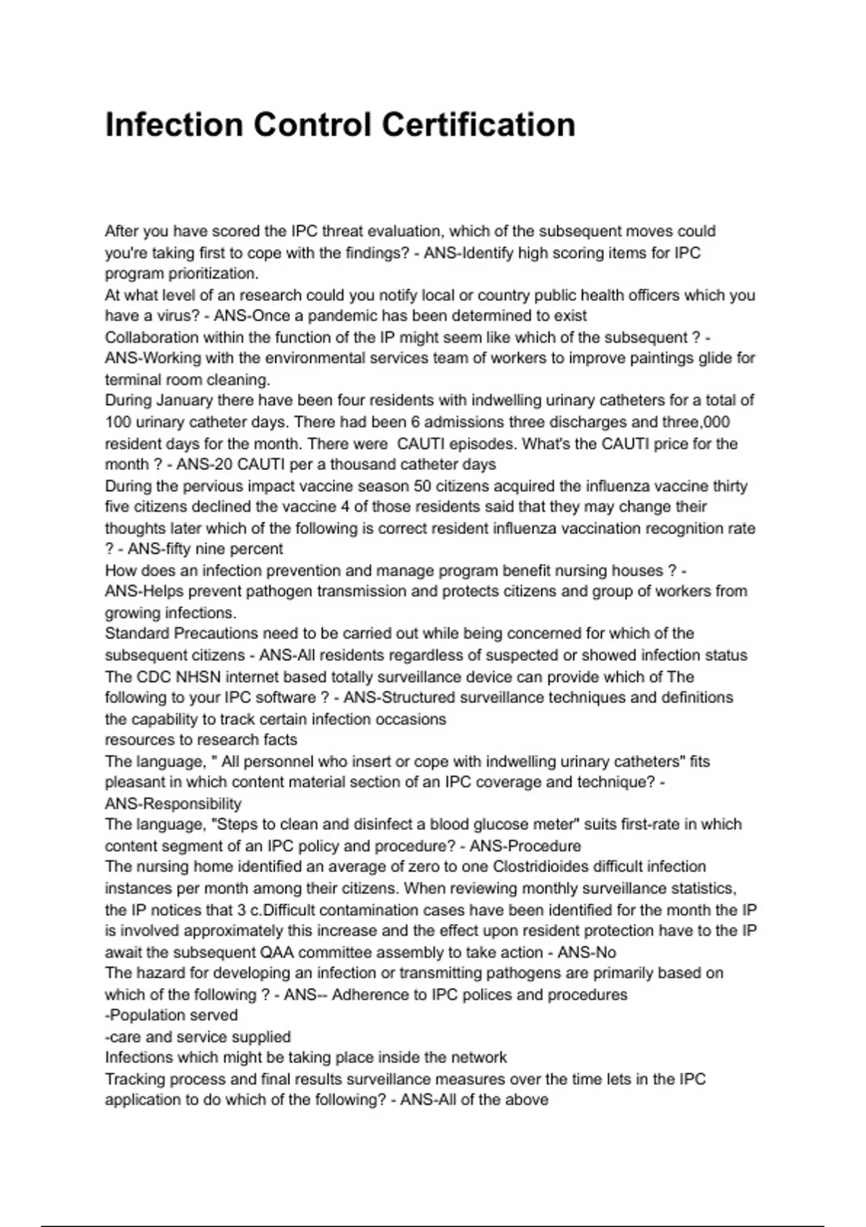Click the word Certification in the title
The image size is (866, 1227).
point(478,125)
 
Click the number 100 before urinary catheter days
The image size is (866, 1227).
point(118,422)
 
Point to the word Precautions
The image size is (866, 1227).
point(216,634)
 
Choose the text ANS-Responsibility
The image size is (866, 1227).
point(173,803)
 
